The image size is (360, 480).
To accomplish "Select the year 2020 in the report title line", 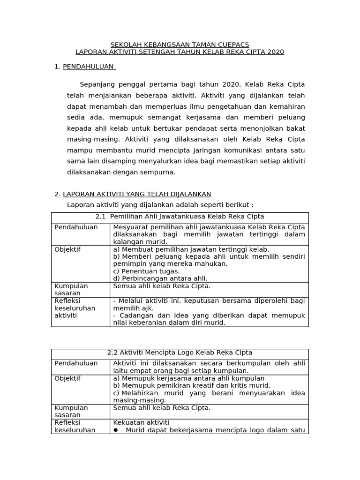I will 275,52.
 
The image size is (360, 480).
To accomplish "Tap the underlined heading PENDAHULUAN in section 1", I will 89,67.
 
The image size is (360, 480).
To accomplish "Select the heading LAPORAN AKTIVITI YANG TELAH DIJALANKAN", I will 137,194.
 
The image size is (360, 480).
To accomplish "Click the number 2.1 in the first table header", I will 101,217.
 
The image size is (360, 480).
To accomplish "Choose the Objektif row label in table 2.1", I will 67,249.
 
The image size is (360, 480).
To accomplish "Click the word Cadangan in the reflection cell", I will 132,315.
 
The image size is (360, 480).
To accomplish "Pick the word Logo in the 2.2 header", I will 187,352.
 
